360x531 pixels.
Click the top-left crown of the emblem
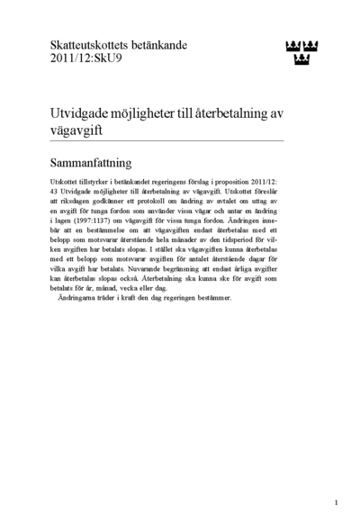[x=289, y=45]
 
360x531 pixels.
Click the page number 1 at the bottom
[x=336, y=501]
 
